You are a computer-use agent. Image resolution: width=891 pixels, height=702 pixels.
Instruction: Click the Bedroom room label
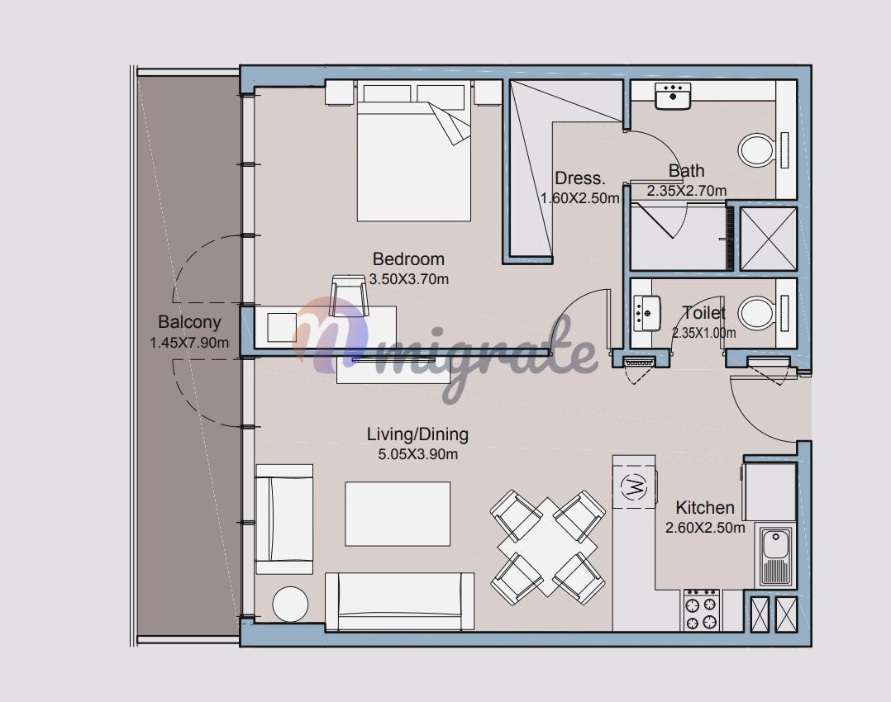[x=408, y=259]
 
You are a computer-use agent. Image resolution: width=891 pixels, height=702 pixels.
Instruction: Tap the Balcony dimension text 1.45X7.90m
[x=189, y=343]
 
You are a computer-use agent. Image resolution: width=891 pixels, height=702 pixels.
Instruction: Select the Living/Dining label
[x=417, y=434]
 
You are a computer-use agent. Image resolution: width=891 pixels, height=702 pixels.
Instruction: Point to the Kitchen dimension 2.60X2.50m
[x=705, y=528]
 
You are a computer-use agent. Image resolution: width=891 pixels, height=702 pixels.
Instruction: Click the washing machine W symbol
[x=634, y=486]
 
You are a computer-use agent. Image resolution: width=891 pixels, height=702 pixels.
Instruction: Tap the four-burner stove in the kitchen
[x=702, y=610]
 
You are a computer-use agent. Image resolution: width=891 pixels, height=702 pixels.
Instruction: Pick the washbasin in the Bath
[x=673, y=96]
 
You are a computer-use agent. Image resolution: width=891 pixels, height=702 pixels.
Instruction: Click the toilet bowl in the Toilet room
[x=756, y=314]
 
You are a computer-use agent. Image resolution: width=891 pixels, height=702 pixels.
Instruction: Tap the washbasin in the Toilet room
[x=647, y=313]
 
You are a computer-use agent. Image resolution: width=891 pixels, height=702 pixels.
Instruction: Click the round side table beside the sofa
[x=290, y=604]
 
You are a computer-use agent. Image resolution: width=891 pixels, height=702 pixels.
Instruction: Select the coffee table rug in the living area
[x=398, y=514]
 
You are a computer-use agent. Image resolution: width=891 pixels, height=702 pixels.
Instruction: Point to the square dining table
[x=548, y=547]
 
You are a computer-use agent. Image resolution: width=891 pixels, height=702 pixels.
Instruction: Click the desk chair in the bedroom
[x=348, y=295]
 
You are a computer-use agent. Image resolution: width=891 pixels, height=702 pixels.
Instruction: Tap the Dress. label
[x=580, y=178]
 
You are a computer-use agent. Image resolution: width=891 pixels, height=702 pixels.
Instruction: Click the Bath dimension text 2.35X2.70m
[x=686, y=191]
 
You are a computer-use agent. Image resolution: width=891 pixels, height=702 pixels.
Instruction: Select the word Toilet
[x=704, y=313]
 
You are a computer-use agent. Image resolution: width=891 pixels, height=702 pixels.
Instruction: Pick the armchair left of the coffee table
[x=284, y=519]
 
